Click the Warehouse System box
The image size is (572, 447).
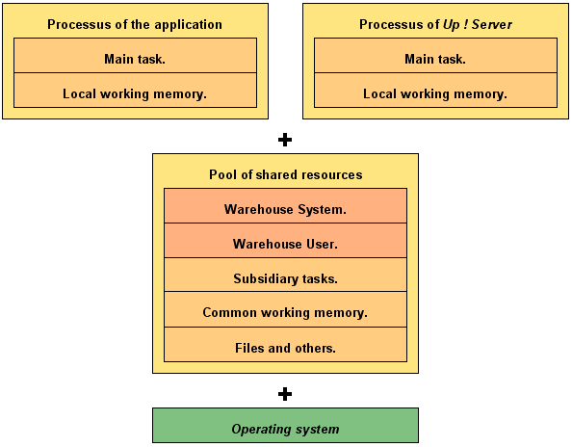click(x=285, y=206)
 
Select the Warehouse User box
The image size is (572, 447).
click(x=285, y=241)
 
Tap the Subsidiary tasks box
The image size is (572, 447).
click(x=285, y=275)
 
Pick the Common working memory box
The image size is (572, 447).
click(x=285, y=309)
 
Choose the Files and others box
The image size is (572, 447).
click(x=285, y=345)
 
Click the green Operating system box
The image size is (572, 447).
click(x=285, y=426)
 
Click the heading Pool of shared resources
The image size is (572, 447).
click(x=286, y=174)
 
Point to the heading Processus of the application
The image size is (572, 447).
click(x=135, y=24)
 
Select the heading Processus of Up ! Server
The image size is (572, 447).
click(x=435, y=24)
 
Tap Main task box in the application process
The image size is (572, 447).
click(x=135, y=56)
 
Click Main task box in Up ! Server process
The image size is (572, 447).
click(x=435, y=56)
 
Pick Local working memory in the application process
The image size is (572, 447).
click(x=135, y=91)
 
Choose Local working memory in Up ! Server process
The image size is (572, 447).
click(x=435, y=91)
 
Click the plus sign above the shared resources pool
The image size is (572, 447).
click(x=285, y=140)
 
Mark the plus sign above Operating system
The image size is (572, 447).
click(x=285, y=394)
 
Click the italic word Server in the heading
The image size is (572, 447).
click(x=492, y=24)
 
